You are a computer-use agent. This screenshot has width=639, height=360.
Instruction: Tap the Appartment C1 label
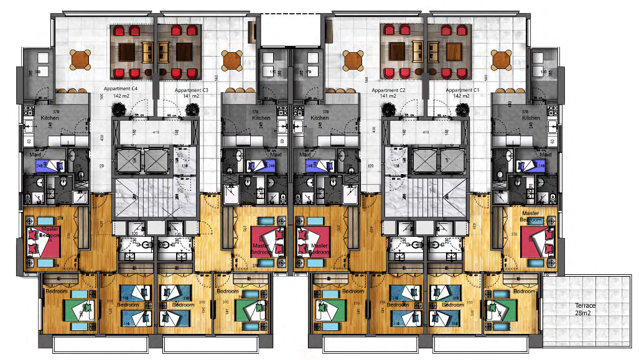pos(462,90)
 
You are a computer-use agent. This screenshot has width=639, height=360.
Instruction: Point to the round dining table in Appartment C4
pos(81,60)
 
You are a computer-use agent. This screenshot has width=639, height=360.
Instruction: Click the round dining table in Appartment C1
pos(501,60)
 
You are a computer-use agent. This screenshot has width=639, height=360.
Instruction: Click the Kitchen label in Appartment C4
pos(50,118)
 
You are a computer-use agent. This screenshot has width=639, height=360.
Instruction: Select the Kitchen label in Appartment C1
pos(531,118)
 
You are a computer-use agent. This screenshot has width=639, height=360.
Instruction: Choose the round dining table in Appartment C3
pos(232,60)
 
